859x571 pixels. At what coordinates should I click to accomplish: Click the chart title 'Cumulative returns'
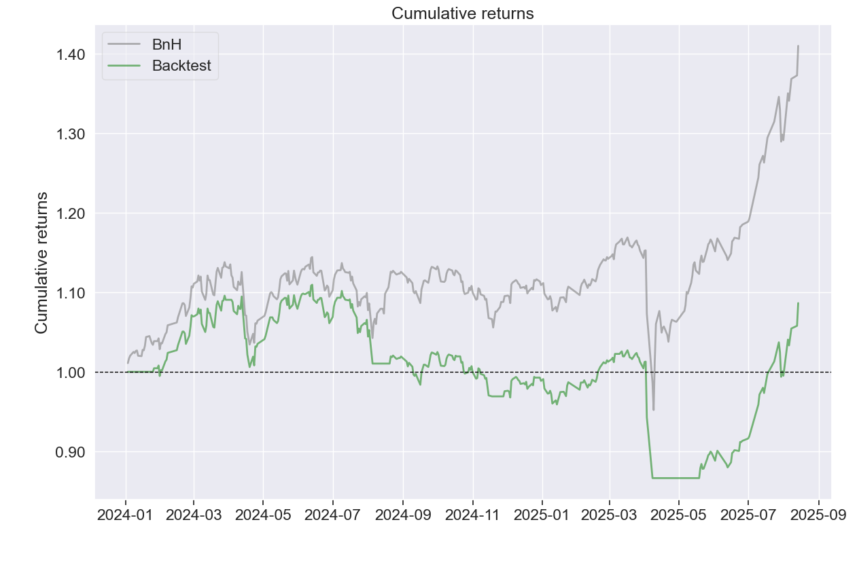pyautogui.click(x=462, y=13)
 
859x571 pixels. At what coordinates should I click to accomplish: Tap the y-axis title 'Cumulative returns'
pyautogui.click(x=41, y=262)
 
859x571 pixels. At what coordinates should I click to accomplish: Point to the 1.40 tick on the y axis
pyautogui.click(x=71, y=54)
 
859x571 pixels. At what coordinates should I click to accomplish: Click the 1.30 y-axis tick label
pyautogui.click(x=71, y=134)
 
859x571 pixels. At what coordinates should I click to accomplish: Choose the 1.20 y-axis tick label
pyautogui.click(x=71, y=213)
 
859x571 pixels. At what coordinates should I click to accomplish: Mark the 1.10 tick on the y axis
pyautogui.click(x=71, y=293)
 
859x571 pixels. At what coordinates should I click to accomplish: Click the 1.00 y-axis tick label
pyautogui.click(x=71, y=373)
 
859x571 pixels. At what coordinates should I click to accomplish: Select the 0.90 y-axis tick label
pyautogui.click(x=71, y=452)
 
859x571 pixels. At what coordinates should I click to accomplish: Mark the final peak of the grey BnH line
pyautogui.click(x=798, y=46)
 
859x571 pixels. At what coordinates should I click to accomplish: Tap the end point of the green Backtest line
pyautogui.click(x=798, y=303)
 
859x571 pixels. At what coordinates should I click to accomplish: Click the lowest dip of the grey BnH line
pyautogui.click(x=654, y=409)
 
